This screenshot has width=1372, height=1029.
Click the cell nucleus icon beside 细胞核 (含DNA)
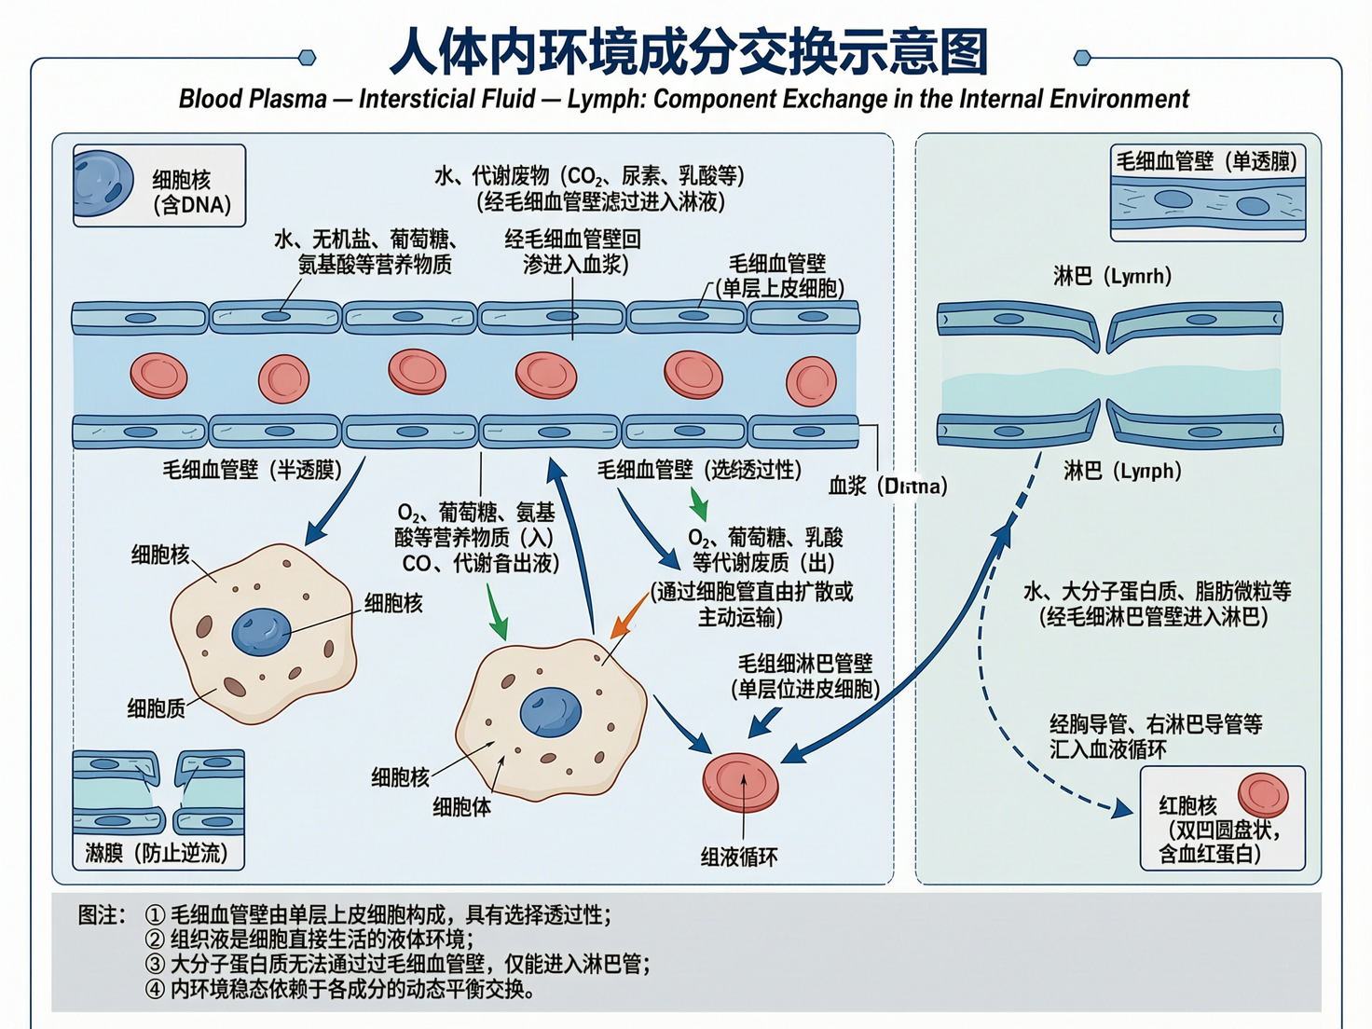pyautogui.click(x=103, y=184)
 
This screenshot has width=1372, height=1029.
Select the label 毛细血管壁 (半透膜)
pyautogui.click(x=252, y=470)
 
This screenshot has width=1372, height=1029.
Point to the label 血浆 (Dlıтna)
pyautogui.click(x=887, y=486)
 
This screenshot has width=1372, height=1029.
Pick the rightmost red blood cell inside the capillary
pyautogui.click(x=811, y=381)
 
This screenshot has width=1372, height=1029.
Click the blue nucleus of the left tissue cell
pyautogui.click(x=261, y=631)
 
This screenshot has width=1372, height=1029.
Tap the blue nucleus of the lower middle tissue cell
pyautogui.click(x=550, y=711)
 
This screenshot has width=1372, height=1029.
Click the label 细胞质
pyautogui.click(x=156, y=708)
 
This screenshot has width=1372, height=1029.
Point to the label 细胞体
pyautogui.click(x=461, y=807)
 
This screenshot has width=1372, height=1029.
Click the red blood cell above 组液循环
pyautogui.click(x=740, y=782)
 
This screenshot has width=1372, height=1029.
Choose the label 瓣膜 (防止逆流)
pyautogui.click(x=156, y=853)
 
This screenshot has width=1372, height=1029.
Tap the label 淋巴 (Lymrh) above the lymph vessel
pyautogui.click(x=1112, y=276)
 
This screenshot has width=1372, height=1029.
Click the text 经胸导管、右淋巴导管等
pyautogui.click(x=1156, y=724)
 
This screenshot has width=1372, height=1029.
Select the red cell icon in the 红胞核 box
pyautogui.click(x=1263, y=795)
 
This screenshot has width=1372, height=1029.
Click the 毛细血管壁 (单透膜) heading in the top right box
pyautogui.click(x=1206, y=161)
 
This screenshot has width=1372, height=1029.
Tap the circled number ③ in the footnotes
pyautogui.click(x=155, y=964)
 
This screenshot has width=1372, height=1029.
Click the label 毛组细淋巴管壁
pyautogui.click(x=804, y=664)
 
